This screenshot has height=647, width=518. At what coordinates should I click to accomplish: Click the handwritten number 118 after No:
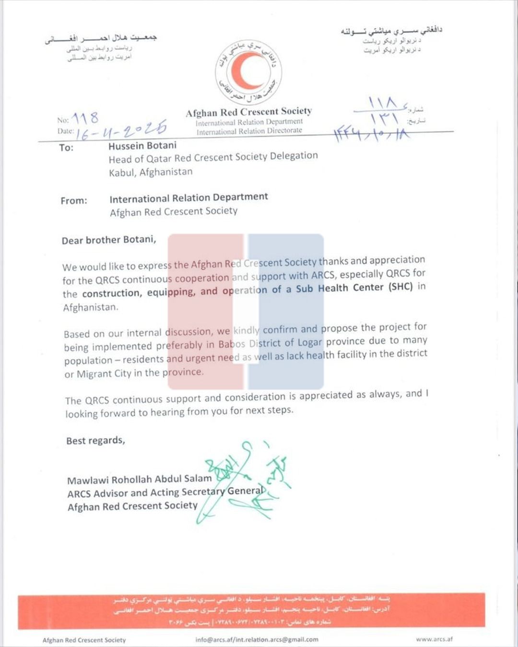pos(85,118)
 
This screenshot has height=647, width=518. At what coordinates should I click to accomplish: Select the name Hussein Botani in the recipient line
pos(142,146)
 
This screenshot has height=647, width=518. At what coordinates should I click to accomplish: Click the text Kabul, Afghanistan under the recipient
pos(151,172)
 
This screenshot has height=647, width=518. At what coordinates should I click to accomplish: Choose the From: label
pos(74,201)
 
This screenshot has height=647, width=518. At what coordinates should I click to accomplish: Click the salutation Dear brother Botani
pos(109,240)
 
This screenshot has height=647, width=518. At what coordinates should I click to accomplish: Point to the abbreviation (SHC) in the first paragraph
pos(400,287)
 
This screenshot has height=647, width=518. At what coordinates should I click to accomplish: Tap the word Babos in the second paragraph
pos(232,344)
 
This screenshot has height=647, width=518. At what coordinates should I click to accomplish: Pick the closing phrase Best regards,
pos(95,440)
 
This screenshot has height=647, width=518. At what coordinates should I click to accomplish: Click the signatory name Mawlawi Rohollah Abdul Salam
pos(139,479)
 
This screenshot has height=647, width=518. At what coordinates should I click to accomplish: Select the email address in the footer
pos(257,639)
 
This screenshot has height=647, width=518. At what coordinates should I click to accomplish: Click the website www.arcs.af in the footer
pos(434,639)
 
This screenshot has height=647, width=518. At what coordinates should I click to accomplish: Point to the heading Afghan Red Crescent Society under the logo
pos(249,112)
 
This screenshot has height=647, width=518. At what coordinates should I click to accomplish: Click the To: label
pos(66,148)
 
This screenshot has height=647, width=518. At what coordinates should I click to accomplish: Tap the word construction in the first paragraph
pos(112,293)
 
